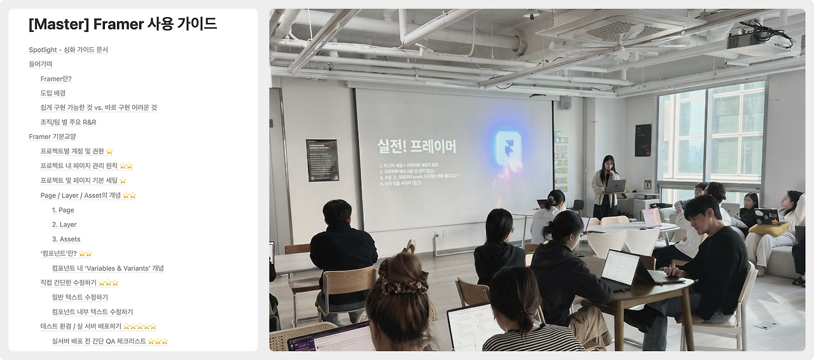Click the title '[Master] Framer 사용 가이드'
(x=123, y=24)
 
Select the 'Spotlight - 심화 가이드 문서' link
(x=68, y=50)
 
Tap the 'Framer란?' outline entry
(x=56, y=79)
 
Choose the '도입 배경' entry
(x=53, y=93)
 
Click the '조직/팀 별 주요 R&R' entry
(x=68, y=122)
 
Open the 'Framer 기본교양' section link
(x=52, y=137)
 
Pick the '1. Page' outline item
(x=63, y=210)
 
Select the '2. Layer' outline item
(x=64, y=225)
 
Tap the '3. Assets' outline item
(x=66, y=239)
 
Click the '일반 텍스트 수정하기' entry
(x=80, y=297)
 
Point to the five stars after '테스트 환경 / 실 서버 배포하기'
(x=140, y=326)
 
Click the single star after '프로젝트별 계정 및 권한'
(x=109, y=151)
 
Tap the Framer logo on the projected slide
(x=509, y=146)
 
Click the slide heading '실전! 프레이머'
(x=417, y=146)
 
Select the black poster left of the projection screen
(x=322, y=160)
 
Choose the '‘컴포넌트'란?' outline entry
(x=59, y=253)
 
